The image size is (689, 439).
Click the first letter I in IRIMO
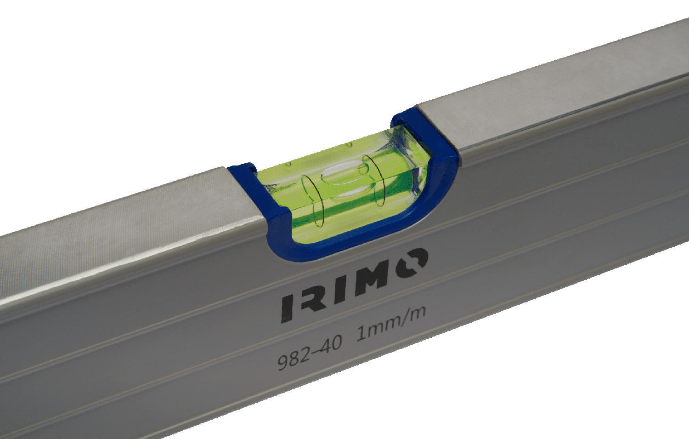tap(286, 308)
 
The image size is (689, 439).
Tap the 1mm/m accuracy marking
tap(391, 325)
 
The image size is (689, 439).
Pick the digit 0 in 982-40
tap(336, 343)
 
